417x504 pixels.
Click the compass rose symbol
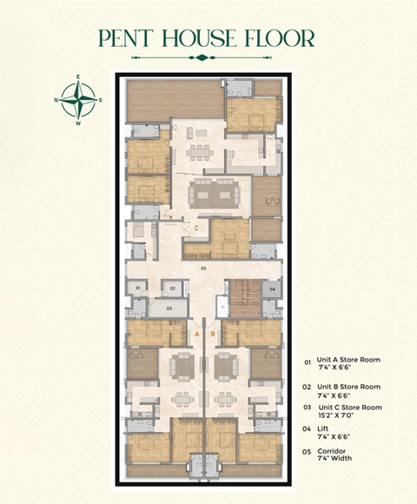[x=79, y=100]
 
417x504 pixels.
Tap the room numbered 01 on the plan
[x=137, y=287]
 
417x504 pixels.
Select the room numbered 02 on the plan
[x=173, y=287]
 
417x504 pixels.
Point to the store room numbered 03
[x=169, y=307]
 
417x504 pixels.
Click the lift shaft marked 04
[x=272, y=288]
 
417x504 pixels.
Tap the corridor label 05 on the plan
[x=202, y=269]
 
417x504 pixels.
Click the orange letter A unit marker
[x=197, y=334]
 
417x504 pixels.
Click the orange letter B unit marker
[x=212, y=334]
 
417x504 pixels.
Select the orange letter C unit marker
[x=197, y=229]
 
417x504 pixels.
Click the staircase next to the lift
[x=242, y=299]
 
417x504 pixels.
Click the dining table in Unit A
[x=182, y=398]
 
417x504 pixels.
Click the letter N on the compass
[x=57, y=100]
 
